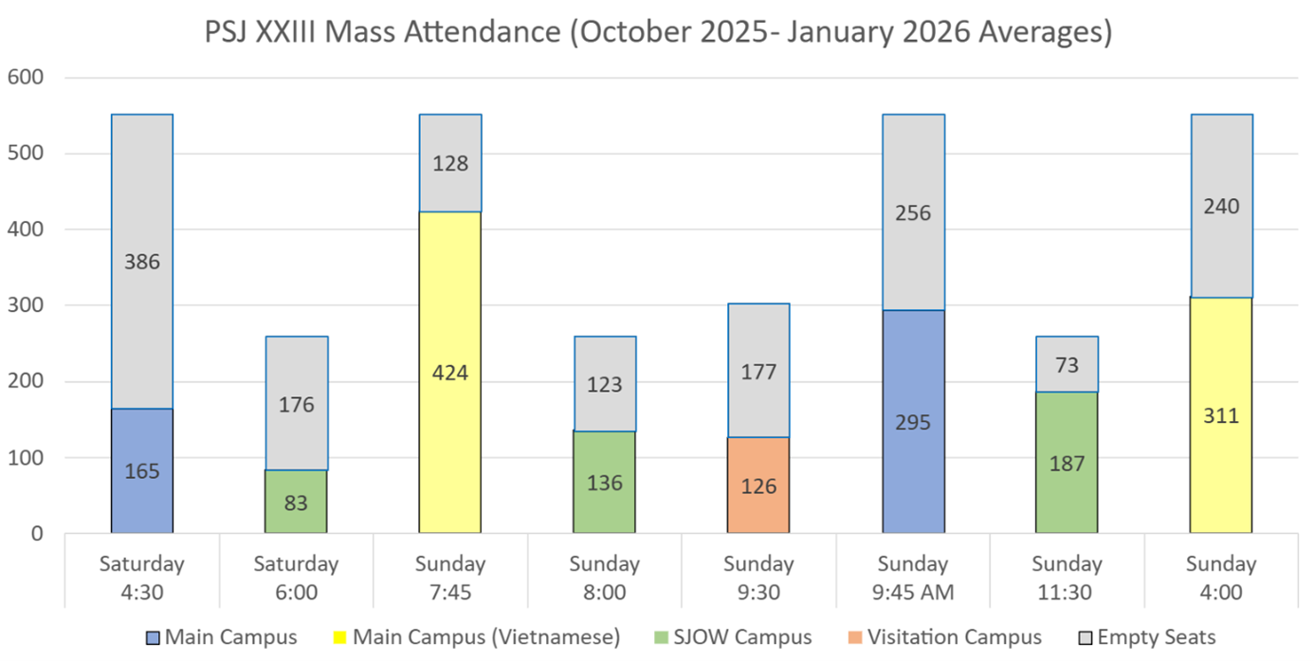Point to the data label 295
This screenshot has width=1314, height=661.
[913, 423]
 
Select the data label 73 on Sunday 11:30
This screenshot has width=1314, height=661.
[1067, 366]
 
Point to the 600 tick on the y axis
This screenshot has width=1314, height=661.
[26, 78]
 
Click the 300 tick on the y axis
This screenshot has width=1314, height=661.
[26, 305]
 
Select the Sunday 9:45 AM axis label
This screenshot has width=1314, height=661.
[913, 578]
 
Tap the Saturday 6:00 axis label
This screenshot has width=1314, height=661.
[296, 578]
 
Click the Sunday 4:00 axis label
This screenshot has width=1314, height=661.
[1221, 578]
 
